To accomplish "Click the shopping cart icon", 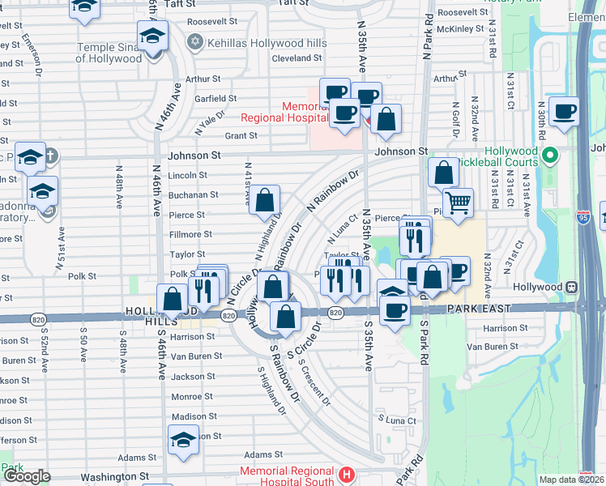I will coord(458,202).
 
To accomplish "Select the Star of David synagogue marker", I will coord(195,41).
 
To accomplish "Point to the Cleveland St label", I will coord(297,59).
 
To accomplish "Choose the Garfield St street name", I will coord(215,99).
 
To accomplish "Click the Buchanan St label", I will coord(193,195).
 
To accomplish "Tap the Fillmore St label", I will coord(190,235).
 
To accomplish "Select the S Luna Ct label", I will coord(397,420).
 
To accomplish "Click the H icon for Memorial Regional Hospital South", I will coord(347,474).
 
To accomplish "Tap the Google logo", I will coord(27,476).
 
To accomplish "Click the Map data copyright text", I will coord(572,480).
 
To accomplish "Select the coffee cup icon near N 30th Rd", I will coord(564,112).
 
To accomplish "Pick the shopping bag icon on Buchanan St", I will coord(265,199).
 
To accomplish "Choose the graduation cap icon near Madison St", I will coord(184,441).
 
